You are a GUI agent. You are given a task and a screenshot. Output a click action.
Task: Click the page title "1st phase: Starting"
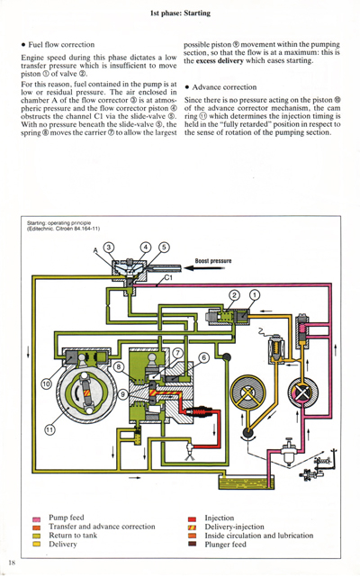click(180, 14)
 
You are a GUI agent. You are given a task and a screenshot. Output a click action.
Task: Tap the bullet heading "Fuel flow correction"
click(60, 44)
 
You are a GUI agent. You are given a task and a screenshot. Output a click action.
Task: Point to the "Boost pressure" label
click(212, 261)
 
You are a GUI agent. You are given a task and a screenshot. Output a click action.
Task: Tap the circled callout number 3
click(109, 248)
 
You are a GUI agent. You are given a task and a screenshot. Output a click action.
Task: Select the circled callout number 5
click(164, 248)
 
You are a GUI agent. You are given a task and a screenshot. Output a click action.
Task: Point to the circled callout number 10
click(45, 385)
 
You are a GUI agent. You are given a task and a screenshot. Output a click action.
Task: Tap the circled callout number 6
click(203, 357)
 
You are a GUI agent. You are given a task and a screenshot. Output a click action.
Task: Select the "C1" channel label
click(168, 278)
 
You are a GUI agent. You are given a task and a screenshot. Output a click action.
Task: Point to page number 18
click(12, 563)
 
